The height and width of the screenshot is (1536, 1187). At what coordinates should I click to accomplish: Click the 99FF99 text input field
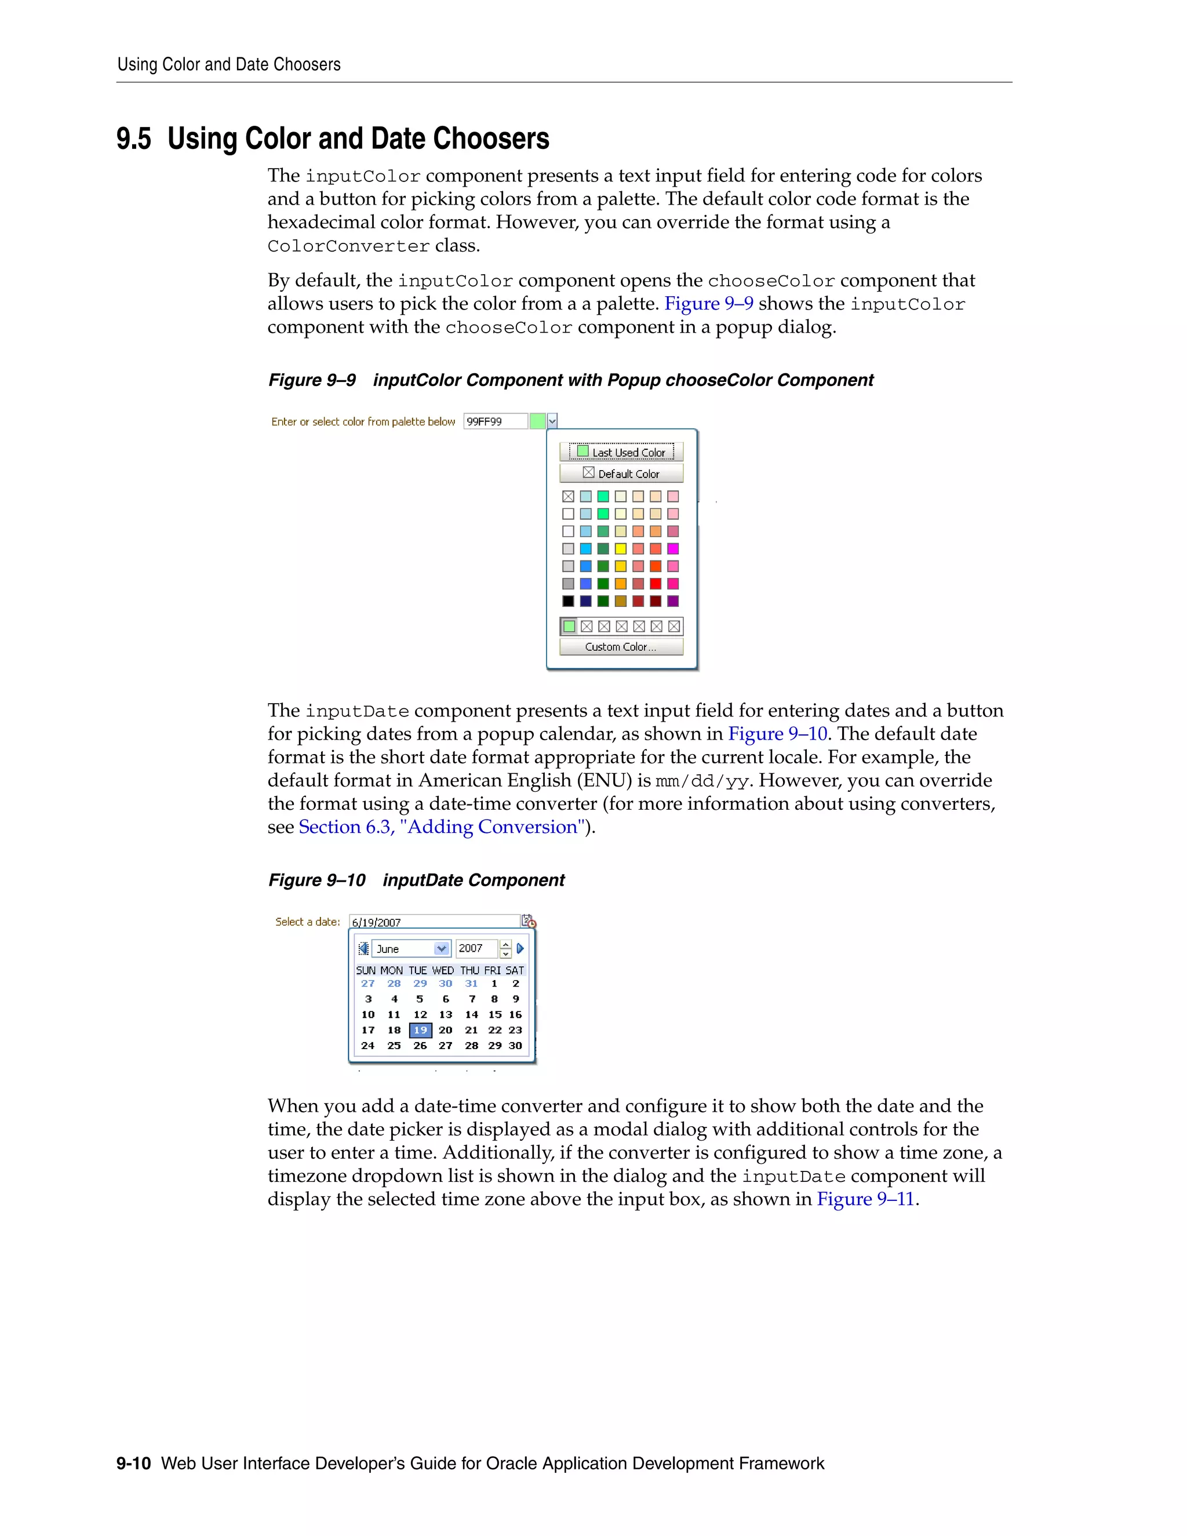pyautogui.click(x=495, y=421)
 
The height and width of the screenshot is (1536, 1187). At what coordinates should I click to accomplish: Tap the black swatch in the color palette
pyautogui.click(x=568, y=600)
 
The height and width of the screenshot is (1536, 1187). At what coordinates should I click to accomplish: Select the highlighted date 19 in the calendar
pyautogui.click(x=420, y=1029)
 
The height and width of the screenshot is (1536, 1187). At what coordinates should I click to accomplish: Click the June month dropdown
pyautogui.click(x=411, y=948)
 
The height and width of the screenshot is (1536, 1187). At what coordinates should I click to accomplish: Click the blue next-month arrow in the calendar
pyautogui.click(x=520, y=948)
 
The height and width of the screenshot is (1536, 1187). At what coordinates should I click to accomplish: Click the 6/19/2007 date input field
pyautogui.click(x=434, y=922)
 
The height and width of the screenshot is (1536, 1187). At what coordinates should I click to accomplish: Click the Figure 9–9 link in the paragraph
pyautogui.click(x=708, y=304)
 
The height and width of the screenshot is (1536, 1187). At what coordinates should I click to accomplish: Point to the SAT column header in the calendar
pyautogui.click(x=515, y=970)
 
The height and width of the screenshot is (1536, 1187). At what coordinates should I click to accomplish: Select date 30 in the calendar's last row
pyautogui.click(x=515, y=1046)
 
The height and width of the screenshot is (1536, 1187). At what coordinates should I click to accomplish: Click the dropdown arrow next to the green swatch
pyautogui.click(x=552, y=421)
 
